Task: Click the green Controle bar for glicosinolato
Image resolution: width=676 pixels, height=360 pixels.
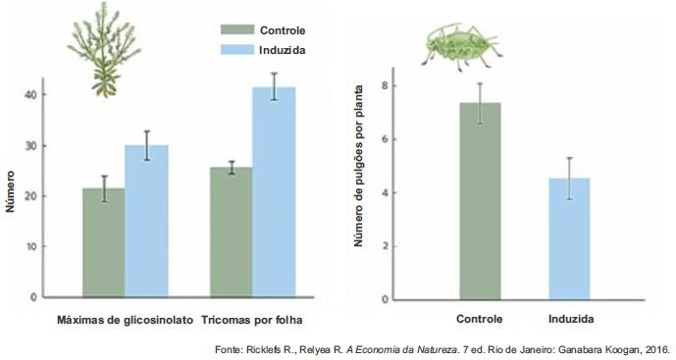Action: pyautogui.click(x=103, y=242)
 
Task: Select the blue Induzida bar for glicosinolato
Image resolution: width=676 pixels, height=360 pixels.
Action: pyautogui.click(x=146, y=221)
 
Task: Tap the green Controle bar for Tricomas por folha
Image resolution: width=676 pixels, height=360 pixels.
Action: pyautogui.click(x=232, y=231)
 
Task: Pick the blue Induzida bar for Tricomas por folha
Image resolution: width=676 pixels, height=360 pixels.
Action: pyautogui.click(x=274, y=192)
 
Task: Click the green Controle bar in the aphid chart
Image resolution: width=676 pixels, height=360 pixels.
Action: pyautogui.click(x=480, y=201)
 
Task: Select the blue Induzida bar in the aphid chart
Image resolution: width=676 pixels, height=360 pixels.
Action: pyautogui.click(x=569, y=238)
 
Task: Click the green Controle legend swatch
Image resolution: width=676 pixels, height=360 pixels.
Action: pyautogui.click(x=237, y=29)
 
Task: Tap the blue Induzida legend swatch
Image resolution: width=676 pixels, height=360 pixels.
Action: pyautogui.click(x=237, y=50)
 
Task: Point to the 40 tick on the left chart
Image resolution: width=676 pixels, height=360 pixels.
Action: pyautogui.click(x=31, y=94)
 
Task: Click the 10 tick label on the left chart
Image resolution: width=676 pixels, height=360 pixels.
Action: pyautogui.click(x=31, y=246)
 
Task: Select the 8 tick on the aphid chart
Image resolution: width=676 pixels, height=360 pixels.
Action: pyautogui.click(x=385, y=85)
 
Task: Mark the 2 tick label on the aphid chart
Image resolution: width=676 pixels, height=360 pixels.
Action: pyautogui.click(x=385, y=246)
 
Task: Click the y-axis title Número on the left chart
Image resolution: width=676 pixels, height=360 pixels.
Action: pyautogui.click(x=11, y=191)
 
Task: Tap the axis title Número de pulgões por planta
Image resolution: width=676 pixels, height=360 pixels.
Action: pyautogui.click(x=358, y=166)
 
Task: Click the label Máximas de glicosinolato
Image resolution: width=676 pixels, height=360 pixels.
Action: pyautogui.click(x=126, y=321)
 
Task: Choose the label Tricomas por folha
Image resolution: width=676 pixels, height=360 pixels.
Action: pyautogui.click(x=252, y=321)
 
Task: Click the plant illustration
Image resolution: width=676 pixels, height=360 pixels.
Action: pyautogui.click(x=104, y=49)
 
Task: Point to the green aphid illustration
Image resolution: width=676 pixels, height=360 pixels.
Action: pyautogui.click(x=461, y=46)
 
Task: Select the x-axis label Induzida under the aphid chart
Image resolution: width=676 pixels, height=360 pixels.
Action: pyautogui.click(x=571, y=319)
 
